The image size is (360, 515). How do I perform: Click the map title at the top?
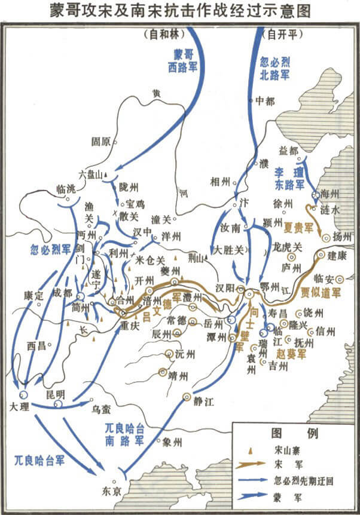point(180,11)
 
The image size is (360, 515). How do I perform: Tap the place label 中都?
point(264,101)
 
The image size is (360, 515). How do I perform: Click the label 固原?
point(101,142)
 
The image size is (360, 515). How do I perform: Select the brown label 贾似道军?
point(321,292)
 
